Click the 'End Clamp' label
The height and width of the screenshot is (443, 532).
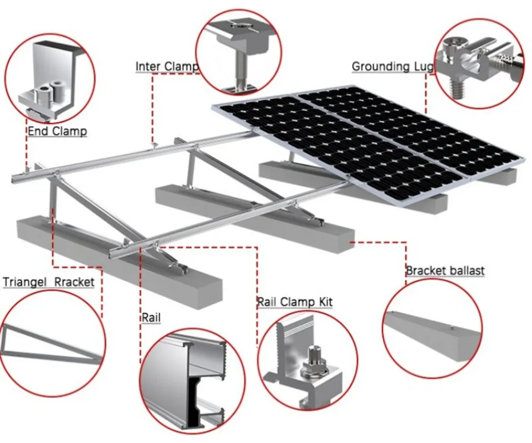click(57, 131)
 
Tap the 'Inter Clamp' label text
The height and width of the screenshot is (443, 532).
click(166, 67)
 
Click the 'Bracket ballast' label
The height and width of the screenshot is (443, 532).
click(445, 271)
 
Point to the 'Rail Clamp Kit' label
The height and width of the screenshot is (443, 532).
click(295, 302)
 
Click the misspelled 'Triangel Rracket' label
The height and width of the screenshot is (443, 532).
click(49, 282)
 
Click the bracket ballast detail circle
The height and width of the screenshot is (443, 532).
click(432, 327)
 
